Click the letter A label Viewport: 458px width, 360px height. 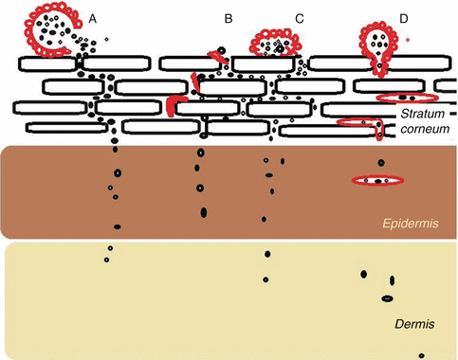click(92, 18)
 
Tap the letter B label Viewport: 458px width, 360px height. click(229, 18)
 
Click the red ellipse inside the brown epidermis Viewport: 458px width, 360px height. click(378, 180)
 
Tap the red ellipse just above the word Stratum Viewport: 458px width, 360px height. click(406, 98)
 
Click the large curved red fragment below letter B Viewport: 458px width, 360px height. click(176, 104)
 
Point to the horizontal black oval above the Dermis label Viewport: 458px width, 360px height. click(387, 298)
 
